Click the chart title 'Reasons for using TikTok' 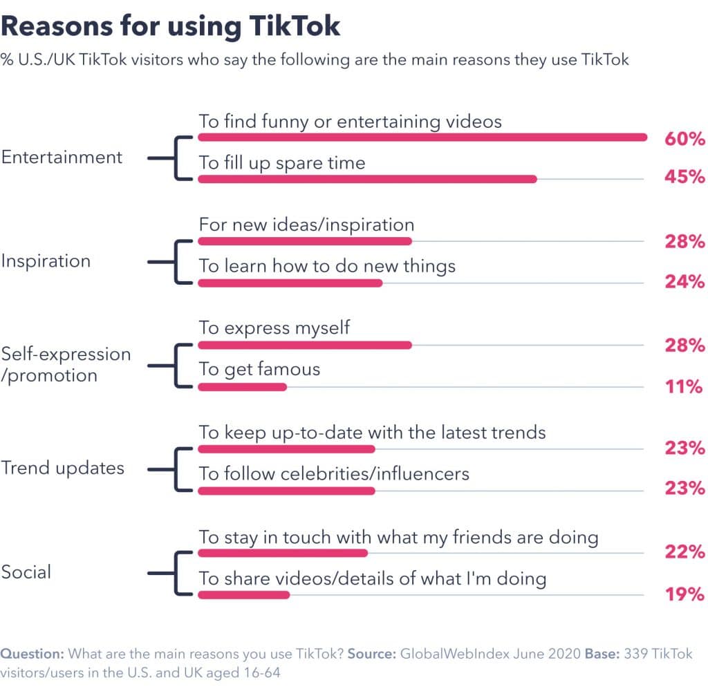(171, 26)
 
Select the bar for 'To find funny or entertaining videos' (422, 138)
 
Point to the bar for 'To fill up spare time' (367, 179)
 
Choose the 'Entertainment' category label (62, 158)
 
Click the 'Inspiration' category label (46, 261)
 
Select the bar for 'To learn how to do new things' (290, 283)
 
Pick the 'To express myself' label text (274, 327)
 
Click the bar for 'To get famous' (242, 387)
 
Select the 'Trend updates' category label (62, 468)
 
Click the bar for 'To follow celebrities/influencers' (286, 491)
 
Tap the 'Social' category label (26, 572)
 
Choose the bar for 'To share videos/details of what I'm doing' (244, 594)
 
